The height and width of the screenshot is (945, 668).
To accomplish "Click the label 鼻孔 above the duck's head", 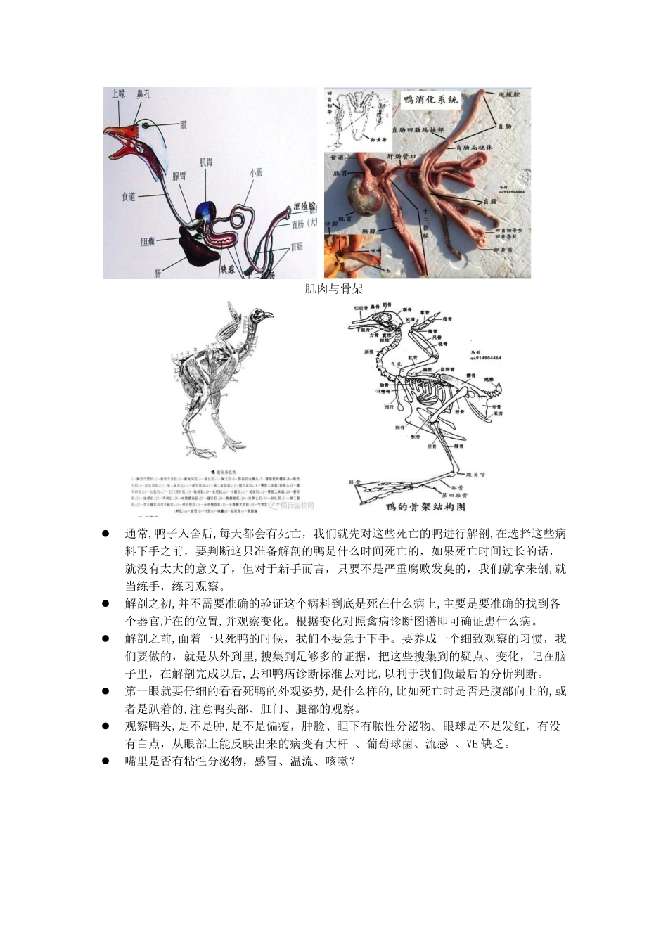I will (143, 94).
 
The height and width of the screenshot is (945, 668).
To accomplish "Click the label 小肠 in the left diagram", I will (255, 172).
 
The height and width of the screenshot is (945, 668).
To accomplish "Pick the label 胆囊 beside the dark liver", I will (148, 241).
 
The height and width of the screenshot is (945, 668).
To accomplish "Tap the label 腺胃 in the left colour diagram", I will (179, 176).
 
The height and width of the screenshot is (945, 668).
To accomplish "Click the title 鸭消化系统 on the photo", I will (430, 100).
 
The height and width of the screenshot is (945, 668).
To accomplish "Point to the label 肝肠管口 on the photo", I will (403, 156).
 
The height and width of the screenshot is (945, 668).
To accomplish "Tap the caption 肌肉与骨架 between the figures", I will (333, 288).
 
